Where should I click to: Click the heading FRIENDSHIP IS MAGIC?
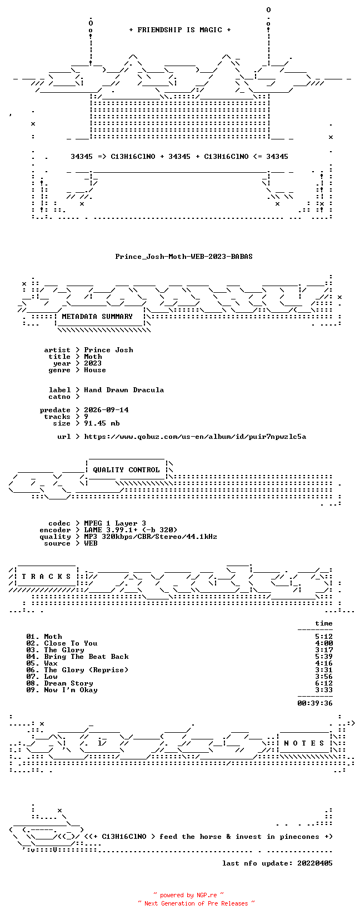click(180, 30)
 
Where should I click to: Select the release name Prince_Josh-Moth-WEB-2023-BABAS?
click(184, 257)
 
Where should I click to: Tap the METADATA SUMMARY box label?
click(97, 317)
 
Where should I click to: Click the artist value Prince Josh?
click(109, 350)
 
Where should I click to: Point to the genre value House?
click(95, 370)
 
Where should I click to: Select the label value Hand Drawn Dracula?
click(124, 390)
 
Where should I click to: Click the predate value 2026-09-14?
click(106, 410)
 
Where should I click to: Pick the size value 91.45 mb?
click(102, 423)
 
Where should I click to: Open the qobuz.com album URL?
click(195, 437)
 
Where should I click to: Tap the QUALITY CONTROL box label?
click(126, 470)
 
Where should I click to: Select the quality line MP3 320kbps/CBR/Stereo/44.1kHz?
click(151, 537)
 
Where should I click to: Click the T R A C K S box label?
click(46, 577)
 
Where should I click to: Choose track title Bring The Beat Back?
click(86, 657)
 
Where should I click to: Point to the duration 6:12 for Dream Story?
click(324, 683)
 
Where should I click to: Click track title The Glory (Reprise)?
click(86, 670)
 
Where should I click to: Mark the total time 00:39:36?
click(315, 703)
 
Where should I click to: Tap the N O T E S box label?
click(304, 743)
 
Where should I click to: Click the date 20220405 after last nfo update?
click(315, 863)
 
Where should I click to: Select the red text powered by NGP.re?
click(188, 895)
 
